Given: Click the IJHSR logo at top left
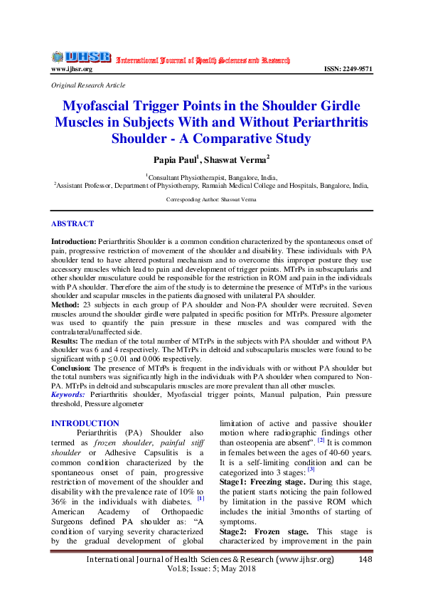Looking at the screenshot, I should click(x=80, y=57).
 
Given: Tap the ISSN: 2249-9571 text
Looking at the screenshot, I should click(x=348, y=69).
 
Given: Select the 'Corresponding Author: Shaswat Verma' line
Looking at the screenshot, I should click(x=211, y=200).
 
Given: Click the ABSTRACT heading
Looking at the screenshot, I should click(x=73, y=223).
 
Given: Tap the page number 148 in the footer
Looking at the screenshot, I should click(x=365, y=560).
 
